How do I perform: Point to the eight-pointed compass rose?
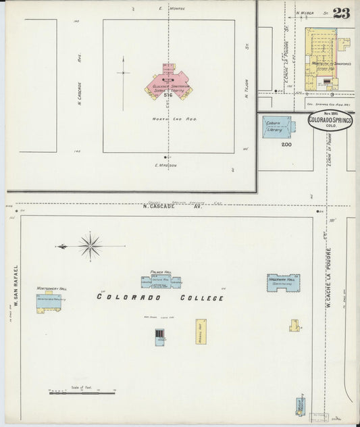click(90, 245)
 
